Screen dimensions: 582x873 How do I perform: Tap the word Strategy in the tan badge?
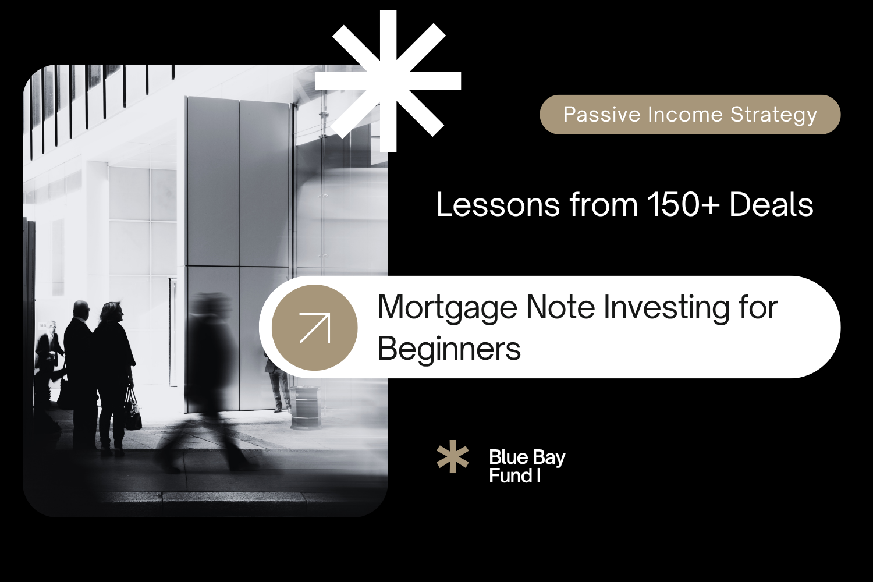tap(774, 115)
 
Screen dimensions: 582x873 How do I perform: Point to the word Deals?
tap(771, 205)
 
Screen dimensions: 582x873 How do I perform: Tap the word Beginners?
tap(449, 349)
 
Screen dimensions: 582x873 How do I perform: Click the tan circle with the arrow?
tap(314, 328)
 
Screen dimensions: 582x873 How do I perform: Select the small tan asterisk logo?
tap(452, 457)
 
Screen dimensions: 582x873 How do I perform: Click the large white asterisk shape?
tap(388, 81)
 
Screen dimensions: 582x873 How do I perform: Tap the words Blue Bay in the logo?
tap(527, 458)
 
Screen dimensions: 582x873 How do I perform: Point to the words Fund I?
tap(514, 476)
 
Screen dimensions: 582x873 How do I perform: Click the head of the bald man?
tap(81, 310)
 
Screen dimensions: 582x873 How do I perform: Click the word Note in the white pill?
tap(560, 307)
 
